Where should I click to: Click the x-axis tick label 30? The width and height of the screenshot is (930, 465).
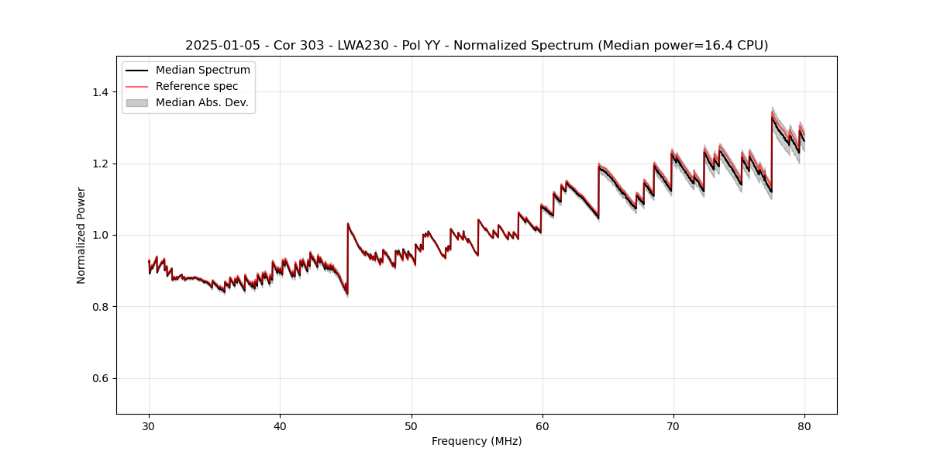pyautogui.click(x=149, y=425)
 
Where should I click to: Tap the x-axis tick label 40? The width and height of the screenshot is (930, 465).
pyautogui.click(x=280, y=425)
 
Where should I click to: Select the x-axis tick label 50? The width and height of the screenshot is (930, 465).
pyautogui.click(x=412, y=425)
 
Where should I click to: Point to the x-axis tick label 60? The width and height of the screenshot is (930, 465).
pyautogui.click(x=542, y=425)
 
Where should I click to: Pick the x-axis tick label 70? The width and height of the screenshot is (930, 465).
pyautogui.click(x=673, y=425)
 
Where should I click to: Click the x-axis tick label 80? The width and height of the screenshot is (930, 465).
pyautogui.click(x=804, y=425)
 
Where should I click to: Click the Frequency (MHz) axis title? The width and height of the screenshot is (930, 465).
pyautogui.click(x=477, y=441)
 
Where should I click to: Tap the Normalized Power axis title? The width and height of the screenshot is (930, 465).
pyautogui.click(x=81, y=235)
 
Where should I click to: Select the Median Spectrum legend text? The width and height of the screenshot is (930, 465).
pyautogui.click(x=202, y=71)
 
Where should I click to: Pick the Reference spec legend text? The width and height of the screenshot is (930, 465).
pyautogui.click(x=197, y=86)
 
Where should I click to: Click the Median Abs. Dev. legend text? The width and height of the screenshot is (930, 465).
pyautogui.click(x=201, y=102)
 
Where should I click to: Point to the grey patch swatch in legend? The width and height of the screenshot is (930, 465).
pyautogui.click(x=136, y=102)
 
